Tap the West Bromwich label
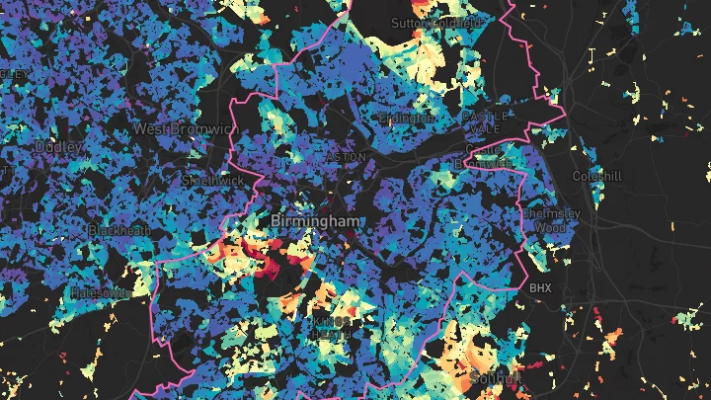click(186, 129)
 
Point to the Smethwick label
click(211, 181)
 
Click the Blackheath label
click(119, 230)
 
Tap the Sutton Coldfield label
click(436, 22)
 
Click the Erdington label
click(407, 119)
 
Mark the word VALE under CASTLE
click(491, 129)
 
